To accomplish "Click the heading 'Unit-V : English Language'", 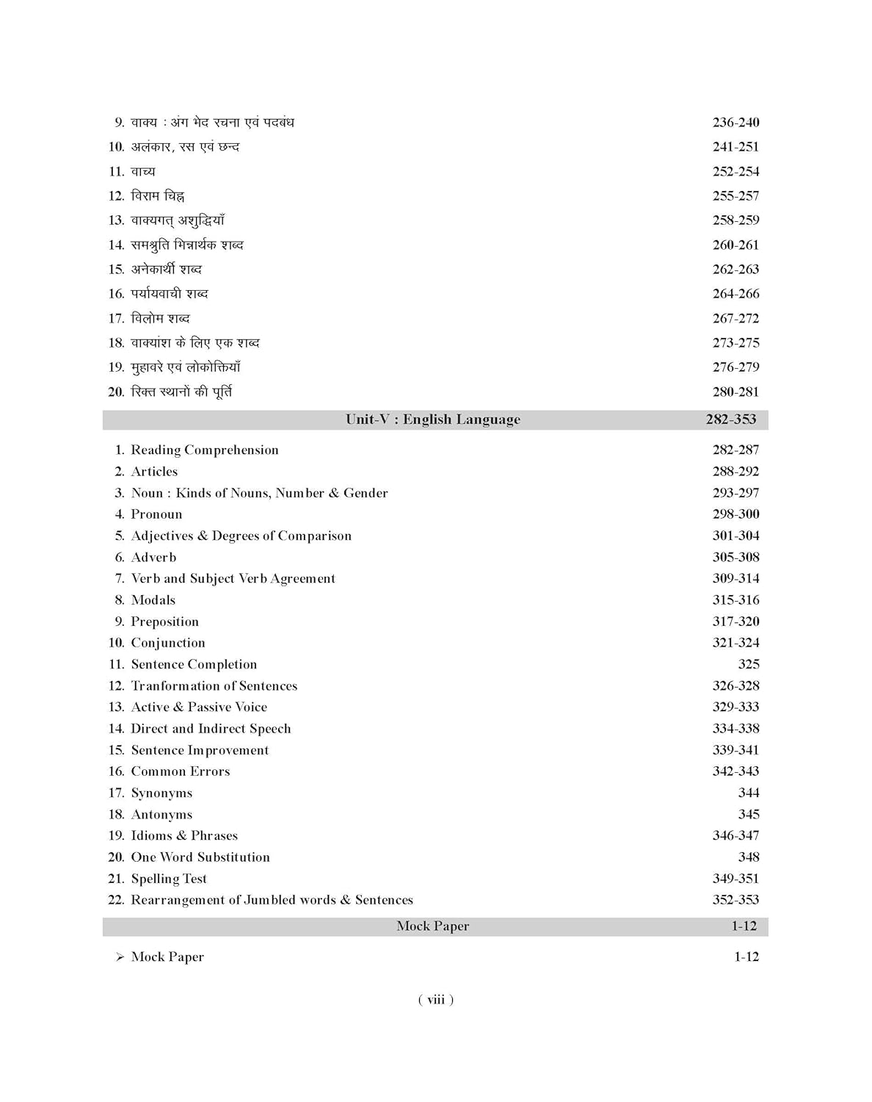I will pyautogui.click(x=433, y=419).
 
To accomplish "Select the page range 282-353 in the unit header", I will pyautogui.click(x=730, y=419).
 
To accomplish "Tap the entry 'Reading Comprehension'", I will pyautogui.click(x=204, y=450).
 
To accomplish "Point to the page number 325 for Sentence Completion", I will pyautogui.click(x=748, y=664).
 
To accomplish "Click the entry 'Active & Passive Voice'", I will pyautogui.click(x=199, y=707).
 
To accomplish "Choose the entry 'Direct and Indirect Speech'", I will pyautogui.click(x=211, y=729).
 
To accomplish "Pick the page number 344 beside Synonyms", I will pyautogui.click(x=748, y=793).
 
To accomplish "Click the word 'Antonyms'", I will pyautogui.click(x=161, y=814).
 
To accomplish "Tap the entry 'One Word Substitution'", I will pyautogui.click(x=200, y=857).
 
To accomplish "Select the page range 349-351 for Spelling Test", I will pyautogui.click(x=735, y=879).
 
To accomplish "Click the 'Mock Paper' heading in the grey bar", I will pyautogui.click(x=433, y=926).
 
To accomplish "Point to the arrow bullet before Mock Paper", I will pyautogui.click(x=120, y=957).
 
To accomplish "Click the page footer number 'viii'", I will pyautogui.click(x=436, y=999).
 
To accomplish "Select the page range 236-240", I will pyautogui.click(x=735, y=123).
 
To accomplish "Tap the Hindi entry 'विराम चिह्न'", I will pyautogui.click(x=158, y=196).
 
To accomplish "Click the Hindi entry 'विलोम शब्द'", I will pyautogui.click(x=160, y=318).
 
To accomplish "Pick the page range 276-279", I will pyautogui.click(x=735, y=367).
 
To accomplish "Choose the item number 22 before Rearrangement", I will pyautogui.click(x=116, y=900).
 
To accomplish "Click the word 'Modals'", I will pyautogui.click(x=153, y=600).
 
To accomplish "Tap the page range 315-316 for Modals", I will pyautogui.click(x=735, y=600).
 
